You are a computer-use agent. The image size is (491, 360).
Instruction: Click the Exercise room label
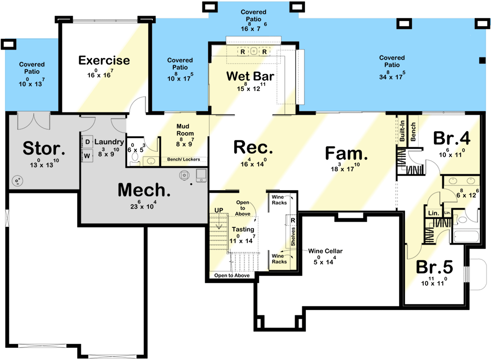click(x=104, y=60)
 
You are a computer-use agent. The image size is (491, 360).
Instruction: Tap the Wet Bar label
click(x=250, y=76)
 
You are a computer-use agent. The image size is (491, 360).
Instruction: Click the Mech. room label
click(x=144, y=191)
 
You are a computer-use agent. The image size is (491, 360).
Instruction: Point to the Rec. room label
click(x=253, y=147)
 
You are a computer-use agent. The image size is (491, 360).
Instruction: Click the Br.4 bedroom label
click(x=452, y=138)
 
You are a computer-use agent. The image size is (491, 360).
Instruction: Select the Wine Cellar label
click(x=326, y=251)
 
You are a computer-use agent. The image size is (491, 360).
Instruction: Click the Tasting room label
click(x=243, y=229)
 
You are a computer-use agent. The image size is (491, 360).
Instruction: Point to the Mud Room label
click(x=186, y=130)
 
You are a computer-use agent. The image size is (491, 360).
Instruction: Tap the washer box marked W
click(x=87, y=156)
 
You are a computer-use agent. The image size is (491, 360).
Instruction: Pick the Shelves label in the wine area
click(x=293, y=235)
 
